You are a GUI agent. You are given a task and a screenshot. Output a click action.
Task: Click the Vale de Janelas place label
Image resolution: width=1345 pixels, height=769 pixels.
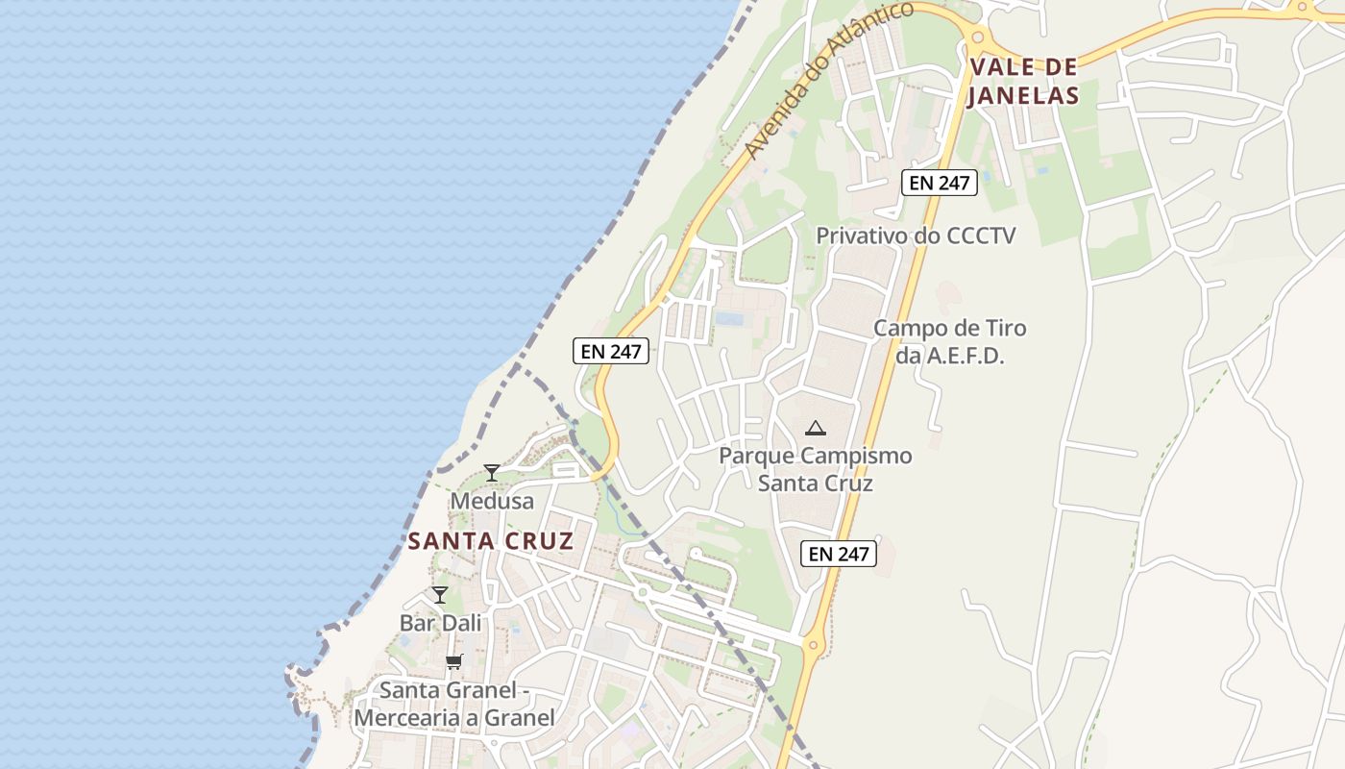pyautogui.click(x=1023, y=81)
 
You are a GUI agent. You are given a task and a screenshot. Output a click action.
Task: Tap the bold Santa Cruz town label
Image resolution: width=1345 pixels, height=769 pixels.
pyautogui.click(x=490, y=541)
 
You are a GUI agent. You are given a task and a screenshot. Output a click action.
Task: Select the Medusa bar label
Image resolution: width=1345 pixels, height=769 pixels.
pyautogui.click(x=492, y=502)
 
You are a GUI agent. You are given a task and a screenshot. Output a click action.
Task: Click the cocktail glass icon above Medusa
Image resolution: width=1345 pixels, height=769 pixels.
pyautogui.click(x=492, y=472)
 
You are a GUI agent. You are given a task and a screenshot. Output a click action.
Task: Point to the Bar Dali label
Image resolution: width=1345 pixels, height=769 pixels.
pyautogui.click(x=440, y=623)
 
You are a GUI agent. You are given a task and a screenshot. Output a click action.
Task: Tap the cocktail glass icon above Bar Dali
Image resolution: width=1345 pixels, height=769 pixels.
pyautogui.click(x=440, y=595)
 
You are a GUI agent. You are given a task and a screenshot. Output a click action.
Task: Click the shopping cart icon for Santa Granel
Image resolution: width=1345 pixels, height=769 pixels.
pyautogui.click(x=454, y=661)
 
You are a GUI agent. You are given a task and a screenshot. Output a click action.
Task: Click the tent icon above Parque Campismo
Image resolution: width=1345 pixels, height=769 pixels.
pyautogui.click(x=816, y=428)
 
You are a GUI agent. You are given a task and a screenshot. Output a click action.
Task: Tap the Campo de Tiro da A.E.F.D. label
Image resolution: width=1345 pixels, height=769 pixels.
pyautogui.click(x=949, y=341)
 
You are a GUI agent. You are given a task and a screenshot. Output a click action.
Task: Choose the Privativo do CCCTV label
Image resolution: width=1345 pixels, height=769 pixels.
pyautogui.click(x=915, y=236)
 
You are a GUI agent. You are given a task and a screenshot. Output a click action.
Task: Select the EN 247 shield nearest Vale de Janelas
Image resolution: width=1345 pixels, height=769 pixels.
pyautogui.click(x=940, y=183)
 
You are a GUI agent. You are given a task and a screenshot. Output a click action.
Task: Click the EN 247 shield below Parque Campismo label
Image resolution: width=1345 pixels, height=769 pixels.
pyautogui.click(x=839, y=554)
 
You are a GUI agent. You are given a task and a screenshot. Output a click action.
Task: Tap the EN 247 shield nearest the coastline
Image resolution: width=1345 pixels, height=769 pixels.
pyautogui.click(x=611, y=351)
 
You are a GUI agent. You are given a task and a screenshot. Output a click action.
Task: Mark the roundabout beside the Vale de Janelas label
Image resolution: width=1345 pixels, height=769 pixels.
pyautogui.click(x=978, y=37)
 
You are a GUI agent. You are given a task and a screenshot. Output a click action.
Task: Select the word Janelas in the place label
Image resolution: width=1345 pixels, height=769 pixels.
pyautogui.click(x=1023, y=95)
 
